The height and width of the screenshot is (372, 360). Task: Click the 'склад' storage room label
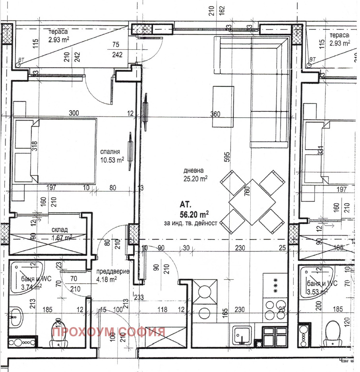coord(60,230)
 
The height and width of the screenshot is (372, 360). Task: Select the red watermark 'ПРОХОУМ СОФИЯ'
coord(108,331)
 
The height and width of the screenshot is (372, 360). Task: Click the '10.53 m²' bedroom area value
coord(112,160)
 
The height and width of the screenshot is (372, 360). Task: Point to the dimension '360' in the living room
coord(215,114)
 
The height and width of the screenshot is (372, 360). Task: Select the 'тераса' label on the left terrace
coord(58,32)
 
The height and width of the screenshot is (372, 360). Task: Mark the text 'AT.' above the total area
coord(186,205)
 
